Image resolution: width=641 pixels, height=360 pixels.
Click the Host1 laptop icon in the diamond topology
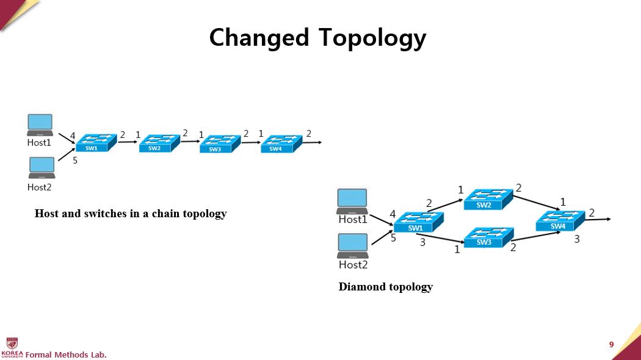tap(353, 201)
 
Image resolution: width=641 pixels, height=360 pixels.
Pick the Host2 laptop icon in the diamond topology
tap(353, 246)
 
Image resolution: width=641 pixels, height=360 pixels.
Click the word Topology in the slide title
tap(371, 38)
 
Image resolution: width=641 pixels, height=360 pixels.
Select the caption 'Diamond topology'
tap(386, 287)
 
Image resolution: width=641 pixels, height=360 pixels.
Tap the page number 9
tap(611, 345)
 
